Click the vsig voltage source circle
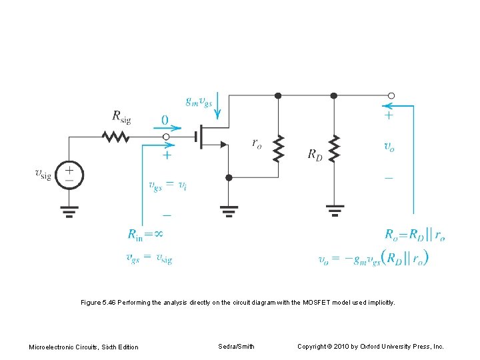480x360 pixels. [x=69, y=175]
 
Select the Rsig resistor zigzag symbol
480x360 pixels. [x=115, y=137]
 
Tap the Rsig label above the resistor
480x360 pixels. [x=121, y=117]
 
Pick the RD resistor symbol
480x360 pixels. [x=334, y=149]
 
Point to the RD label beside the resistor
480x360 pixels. [x=315, y=155]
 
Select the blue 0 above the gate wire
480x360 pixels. [x=165, y=121]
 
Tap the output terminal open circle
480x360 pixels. [x=391, y=95]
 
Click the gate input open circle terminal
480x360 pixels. [x=167, y=137]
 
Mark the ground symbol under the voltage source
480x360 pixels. [x=69, y=211]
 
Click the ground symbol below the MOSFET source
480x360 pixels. [x=229, y=211]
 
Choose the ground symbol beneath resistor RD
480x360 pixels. [x=334, y=211]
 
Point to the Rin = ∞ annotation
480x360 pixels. [x=145, y=234]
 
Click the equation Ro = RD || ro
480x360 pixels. [x=414, y=234]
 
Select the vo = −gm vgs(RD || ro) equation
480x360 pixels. [x=373, y=257]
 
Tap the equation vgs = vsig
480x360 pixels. [x=149, y=258]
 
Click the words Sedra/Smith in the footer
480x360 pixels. [x=236, y=346]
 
